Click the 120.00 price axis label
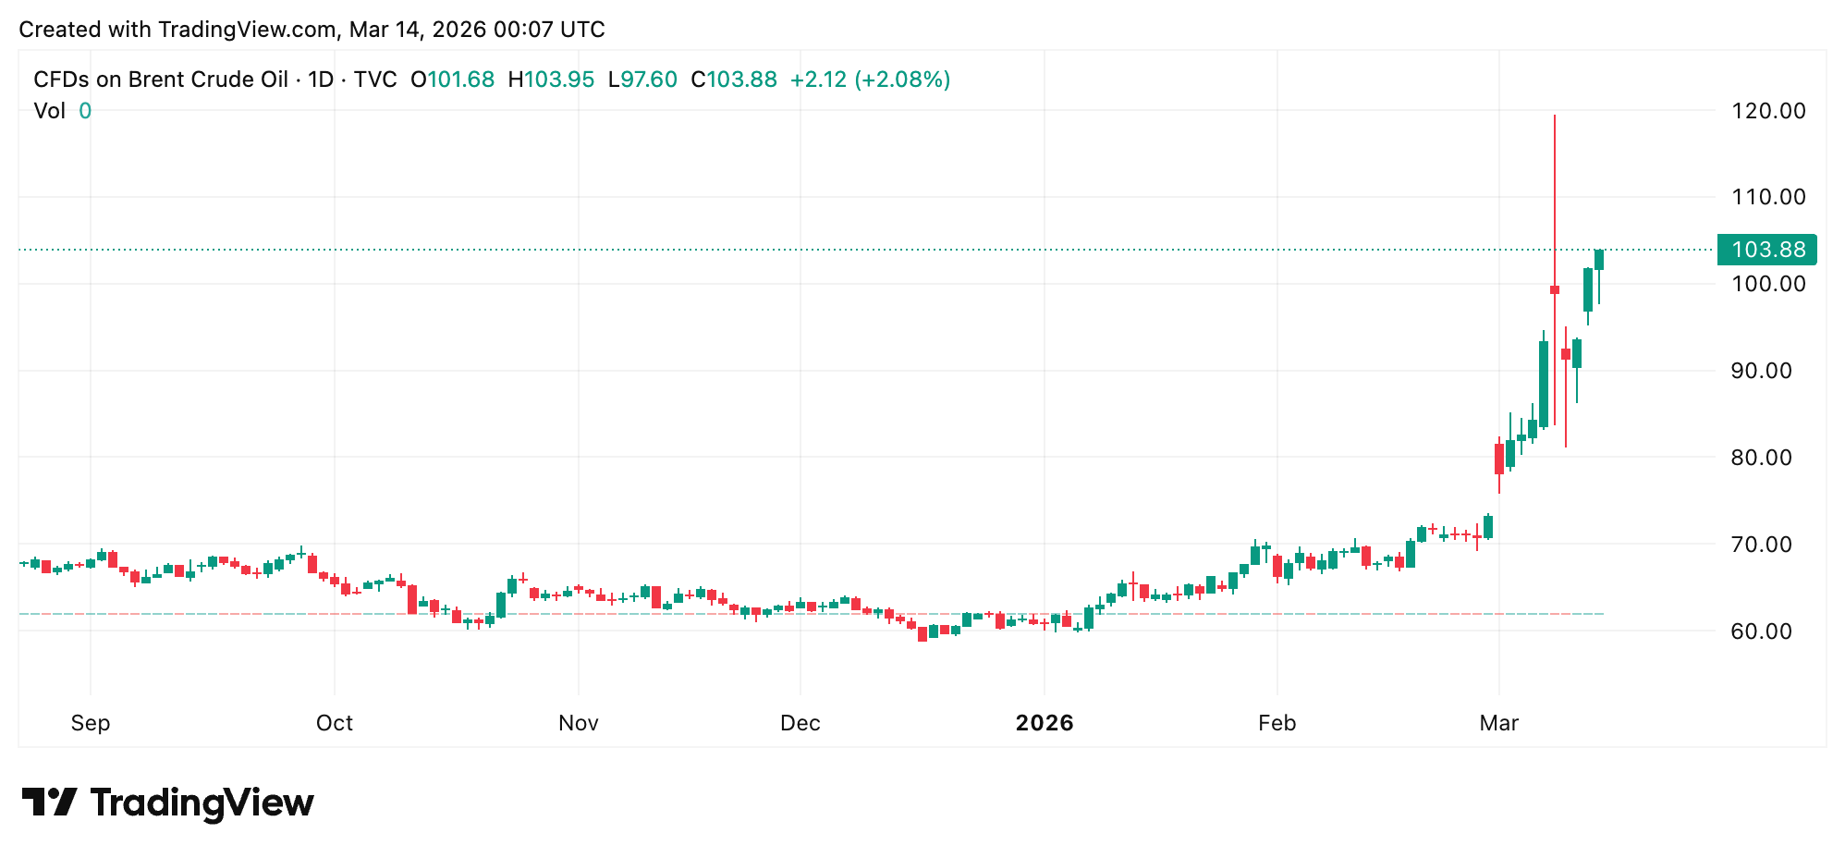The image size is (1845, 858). (1767, 111)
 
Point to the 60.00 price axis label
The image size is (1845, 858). (1767, 631)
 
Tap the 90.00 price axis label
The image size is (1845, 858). (1767, 371)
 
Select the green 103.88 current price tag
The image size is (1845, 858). (1766, 250)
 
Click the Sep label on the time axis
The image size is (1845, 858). (91, 723)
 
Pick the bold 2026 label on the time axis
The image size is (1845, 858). (1045, 723)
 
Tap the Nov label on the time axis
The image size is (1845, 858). (579, 723)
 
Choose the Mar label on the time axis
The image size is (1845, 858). (1498, 723)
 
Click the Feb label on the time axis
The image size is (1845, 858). (1277, 723)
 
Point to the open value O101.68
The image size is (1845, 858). (453, 80)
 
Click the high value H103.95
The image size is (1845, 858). (551, 80)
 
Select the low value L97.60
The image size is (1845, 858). (642, 80)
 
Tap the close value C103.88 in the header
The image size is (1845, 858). (734, 80)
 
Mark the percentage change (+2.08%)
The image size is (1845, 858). (902, 80)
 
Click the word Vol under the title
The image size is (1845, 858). (49, 111)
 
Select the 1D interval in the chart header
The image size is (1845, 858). (321, 80)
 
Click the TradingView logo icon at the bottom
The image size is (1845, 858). (50, 802)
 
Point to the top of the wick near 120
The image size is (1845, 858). (1555, 116)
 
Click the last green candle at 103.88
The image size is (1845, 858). (1599, 260)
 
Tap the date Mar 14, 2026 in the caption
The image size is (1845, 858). (418, 30)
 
